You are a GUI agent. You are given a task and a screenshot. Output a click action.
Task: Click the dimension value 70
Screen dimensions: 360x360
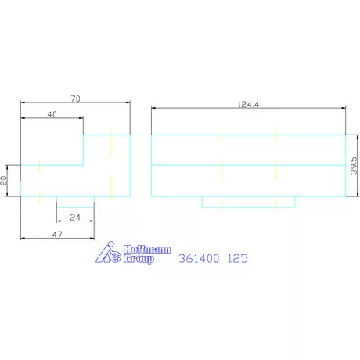coord(75,99)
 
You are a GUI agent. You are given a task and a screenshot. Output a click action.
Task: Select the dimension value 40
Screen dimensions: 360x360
coord(52,114)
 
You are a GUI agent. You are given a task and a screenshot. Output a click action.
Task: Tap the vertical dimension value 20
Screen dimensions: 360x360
coord(4,181)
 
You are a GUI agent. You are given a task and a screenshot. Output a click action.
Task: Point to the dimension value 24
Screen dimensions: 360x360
coord(75,217)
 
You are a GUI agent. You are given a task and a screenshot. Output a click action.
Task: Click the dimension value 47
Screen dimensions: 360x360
coord(57,234)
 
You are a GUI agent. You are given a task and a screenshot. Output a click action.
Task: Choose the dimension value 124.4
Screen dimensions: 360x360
coord(248,105)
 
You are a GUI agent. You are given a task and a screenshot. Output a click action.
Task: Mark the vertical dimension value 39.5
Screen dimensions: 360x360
coord(354,165)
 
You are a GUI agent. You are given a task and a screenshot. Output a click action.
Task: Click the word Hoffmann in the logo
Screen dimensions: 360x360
coord(147,250)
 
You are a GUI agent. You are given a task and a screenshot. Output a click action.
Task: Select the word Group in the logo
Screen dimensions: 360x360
coord(139,259)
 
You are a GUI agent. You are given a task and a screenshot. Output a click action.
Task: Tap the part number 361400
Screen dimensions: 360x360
coord(199,258)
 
